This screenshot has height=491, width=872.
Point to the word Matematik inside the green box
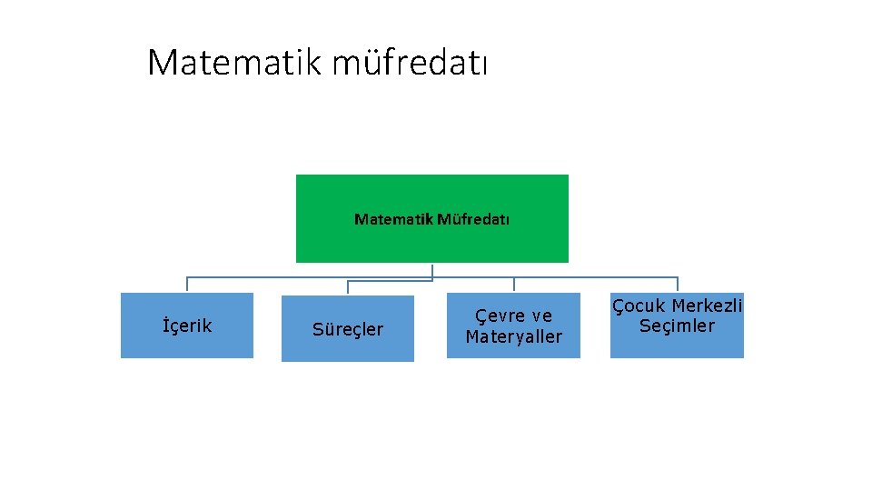pyautogui.click(x=394, y=219)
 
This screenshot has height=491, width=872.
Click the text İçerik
pyautogui.click(x=187, y=326)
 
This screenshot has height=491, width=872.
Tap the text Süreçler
pyautogui.click(x=348, y=329)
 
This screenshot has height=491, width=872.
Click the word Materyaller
pyautogui.click(x=513, y=336)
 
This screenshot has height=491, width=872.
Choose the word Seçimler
pyautogui.click(x=677, y=326)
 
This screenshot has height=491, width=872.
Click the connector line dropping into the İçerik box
pyautogui.click(x=187, y=284)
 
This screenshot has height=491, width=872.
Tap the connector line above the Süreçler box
pyautogui.click(x=348, y=287)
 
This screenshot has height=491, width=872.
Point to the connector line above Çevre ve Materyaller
pyautogui.click(x=514, y=284)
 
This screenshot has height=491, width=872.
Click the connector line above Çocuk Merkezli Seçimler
pyautogui.click(x=677, y=284)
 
